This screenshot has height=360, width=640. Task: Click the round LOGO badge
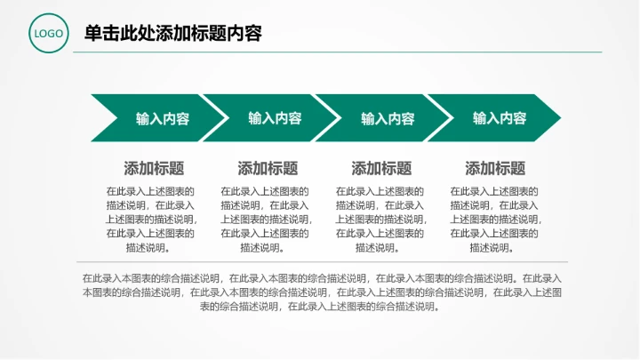click(x=48, y=35)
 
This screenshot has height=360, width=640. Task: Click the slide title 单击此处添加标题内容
click(x=172, y=34)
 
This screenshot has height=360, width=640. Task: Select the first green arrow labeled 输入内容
click(x=156, y=117)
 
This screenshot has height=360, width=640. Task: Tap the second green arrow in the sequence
click(x=271, y=117)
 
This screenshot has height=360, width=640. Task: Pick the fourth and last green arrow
click(x=498, y=117)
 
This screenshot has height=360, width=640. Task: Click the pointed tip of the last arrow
click(x=557, y=117)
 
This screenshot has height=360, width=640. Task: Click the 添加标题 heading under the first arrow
click(x=154, y=168)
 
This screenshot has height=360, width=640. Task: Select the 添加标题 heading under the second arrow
click(x=268, y=168)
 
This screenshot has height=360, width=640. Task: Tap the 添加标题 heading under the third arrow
click(x=381, y=168)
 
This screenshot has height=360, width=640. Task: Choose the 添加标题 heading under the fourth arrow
click(x=495, y=168)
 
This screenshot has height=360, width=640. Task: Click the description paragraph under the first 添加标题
click(x=150, y=219)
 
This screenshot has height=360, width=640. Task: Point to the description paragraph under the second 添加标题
click(x=265, y=219)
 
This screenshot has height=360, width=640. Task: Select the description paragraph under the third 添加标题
click(x=380, y=219)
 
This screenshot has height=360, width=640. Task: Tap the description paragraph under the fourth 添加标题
click(x=494, y=219)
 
